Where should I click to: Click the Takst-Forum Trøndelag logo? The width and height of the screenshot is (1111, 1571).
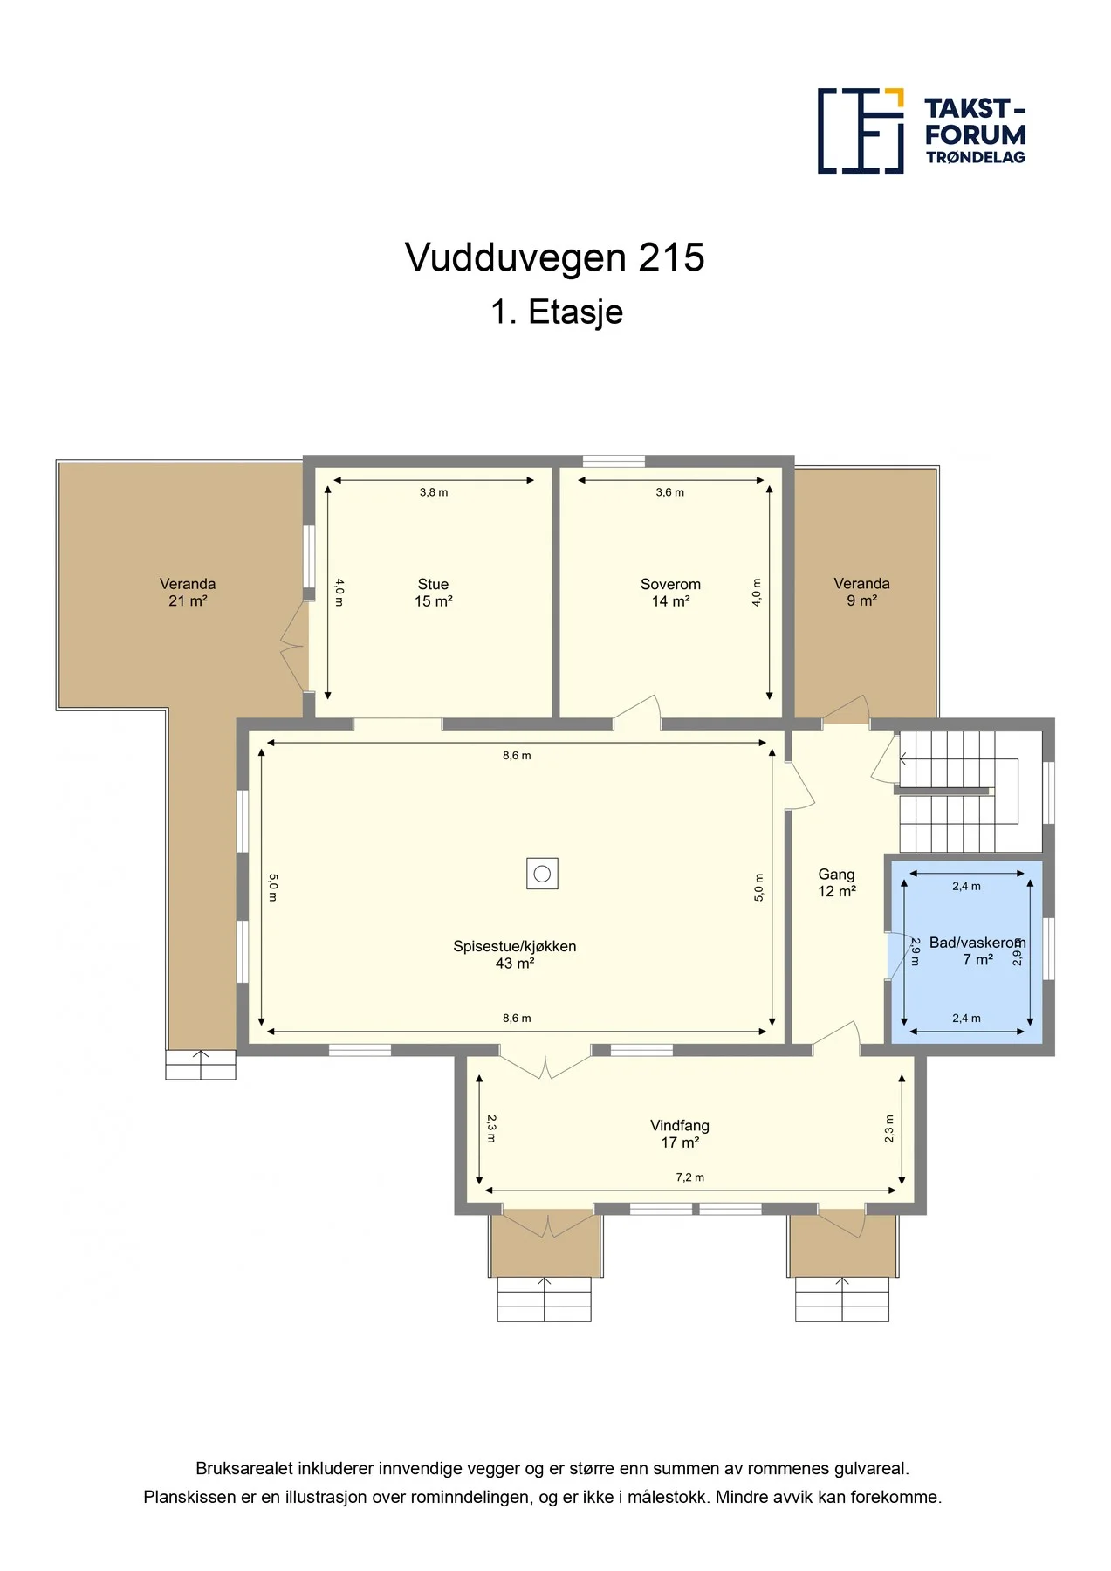922,131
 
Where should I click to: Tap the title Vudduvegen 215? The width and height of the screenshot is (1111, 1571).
555,257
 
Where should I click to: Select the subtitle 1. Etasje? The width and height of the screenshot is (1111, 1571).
557,312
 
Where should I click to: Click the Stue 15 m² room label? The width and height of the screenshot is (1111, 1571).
433,593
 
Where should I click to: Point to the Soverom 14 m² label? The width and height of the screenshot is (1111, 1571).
670,593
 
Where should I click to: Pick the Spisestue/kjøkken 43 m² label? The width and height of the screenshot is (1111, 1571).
515,955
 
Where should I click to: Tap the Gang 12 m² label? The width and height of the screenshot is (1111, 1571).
837,882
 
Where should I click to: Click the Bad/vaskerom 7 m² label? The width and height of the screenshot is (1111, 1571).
977,951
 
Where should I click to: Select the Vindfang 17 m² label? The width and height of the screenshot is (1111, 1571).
680,1134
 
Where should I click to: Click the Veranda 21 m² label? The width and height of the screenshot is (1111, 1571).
188,592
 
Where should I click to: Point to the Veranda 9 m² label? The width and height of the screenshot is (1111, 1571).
862,592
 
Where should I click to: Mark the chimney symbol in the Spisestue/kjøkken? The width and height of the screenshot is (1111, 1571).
542,874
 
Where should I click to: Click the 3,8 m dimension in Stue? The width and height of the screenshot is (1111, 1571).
434,492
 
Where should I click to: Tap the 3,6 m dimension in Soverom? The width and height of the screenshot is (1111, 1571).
670,492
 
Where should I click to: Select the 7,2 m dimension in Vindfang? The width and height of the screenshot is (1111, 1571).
689,1177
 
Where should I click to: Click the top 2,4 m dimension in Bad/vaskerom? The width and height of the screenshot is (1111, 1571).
966,886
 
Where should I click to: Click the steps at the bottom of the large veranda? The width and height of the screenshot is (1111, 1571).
201,1065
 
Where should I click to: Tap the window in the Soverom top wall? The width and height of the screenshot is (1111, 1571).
614,461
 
